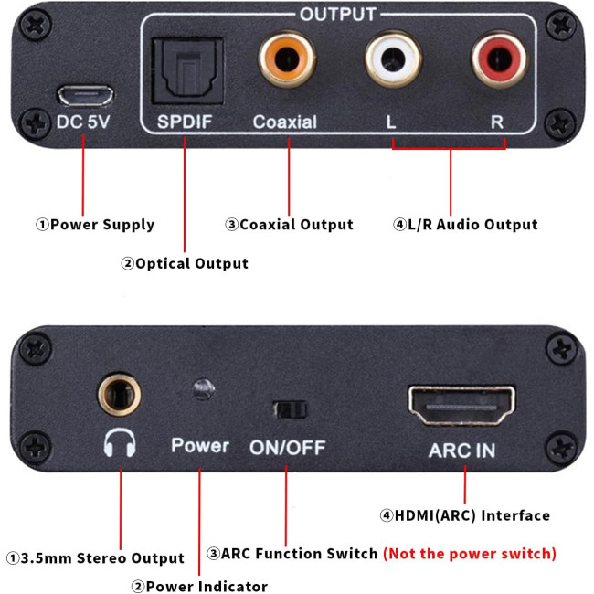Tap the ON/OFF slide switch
point(288,409)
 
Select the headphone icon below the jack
point(120,445)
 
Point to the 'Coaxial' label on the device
point(285,122)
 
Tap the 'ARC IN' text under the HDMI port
point(462,451)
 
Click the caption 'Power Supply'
point(95,225)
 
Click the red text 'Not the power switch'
point(469,554)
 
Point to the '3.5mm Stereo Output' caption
point(96,557)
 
